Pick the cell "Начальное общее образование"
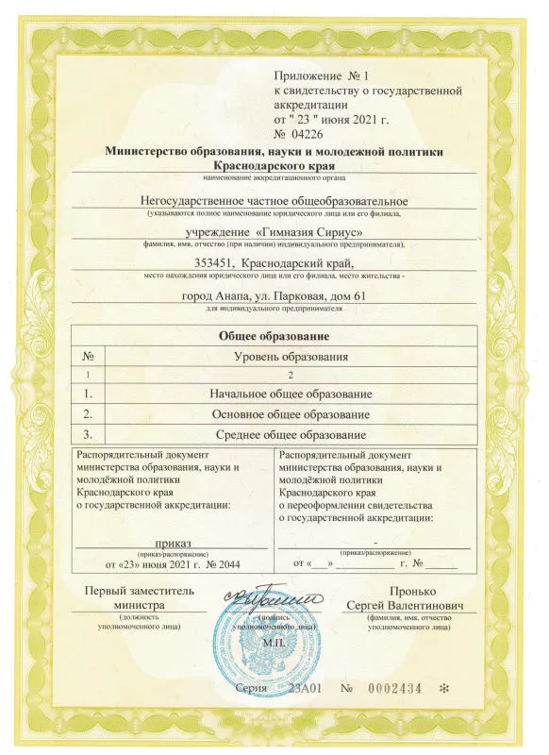click(291, 393)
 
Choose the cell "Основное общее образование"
click(291, 413)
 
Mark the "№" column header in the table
click(88, 356)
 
